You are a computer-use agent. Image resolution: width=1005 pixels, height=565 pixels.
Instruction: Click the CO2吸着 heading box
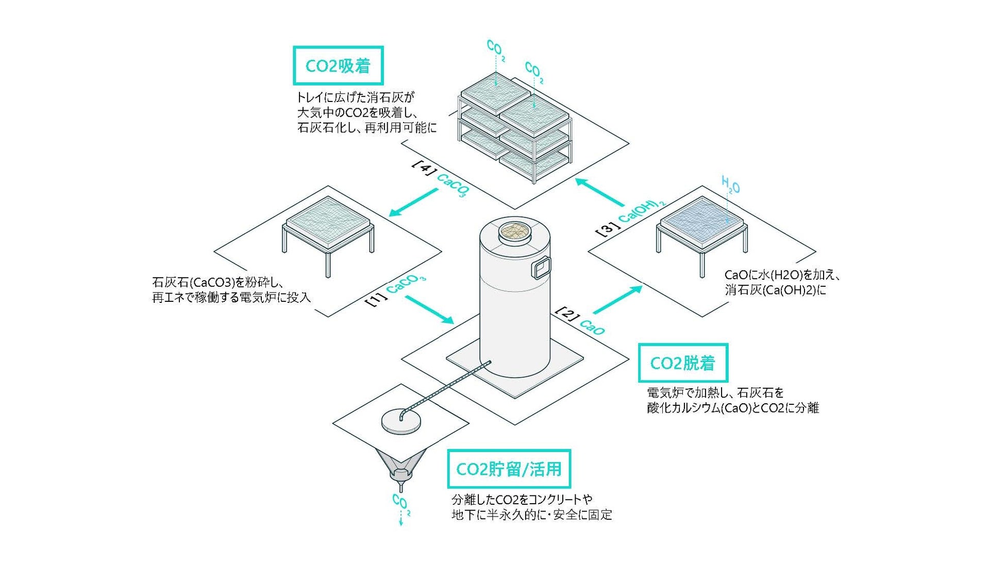click(x=338, y=66)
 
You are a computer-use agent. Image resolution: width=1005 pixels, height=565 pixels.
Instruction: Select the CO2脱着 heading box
click(x=683, y=363)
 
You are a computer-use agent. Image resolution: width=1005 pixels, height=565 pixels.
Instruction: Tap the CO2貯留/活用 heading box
click(x=509, y=469)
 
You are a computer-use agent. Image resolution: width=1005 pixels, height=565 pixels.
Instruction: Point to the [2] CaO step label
click(x=580, y=321)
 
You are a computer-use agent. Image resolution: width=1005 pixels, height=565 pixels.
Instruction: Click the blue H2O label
click(x=730, y=185)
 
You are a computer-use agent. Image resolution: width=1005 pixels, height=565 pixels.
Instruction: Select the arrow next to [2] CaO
click(x=617, y=300)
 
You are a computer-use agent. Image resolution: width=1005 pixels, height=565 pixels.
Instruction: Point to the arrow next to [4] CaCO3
click(x=413, y=202)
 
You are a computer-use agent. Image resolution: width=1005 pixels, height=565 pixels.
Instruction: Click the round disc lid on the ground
click(x=400, y=421)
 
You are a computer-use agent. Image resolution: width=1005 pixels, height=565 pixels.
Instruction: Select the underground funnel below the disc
click(x=401, y=466)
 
